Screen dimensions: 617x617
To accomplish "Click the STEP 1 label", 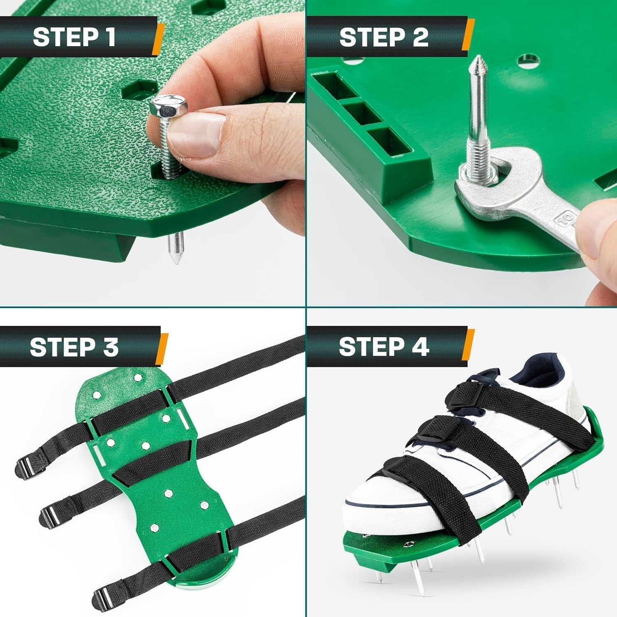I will coord(74,37).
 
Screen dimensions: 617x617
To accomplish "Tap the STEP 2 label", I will coord(384,37).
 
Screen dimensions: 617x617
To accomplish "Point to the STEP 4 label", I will coord(384,347).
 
